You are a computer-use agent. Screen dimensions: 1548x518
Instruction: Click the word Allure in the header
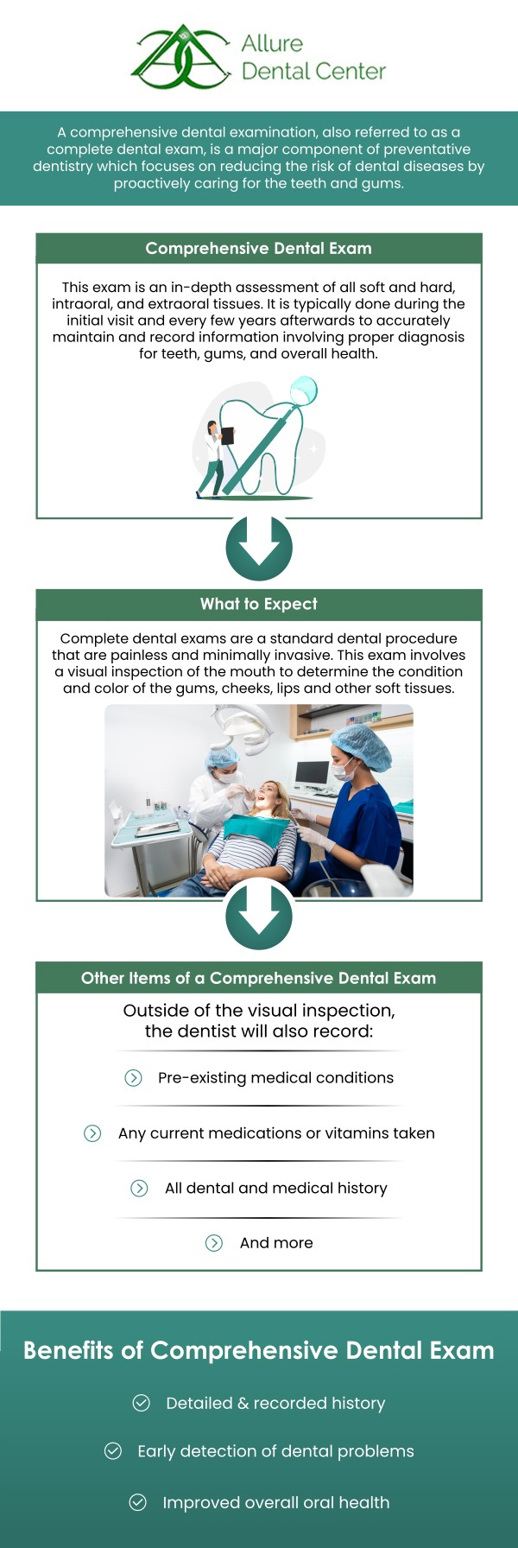(x=272, y=43)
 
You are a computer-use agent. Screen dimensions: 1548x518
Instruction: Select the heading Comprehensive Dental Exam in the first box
(x=258, y=249)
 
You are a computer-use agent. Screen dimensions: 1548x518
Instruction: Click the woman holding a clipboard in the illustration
(x=212, y=458)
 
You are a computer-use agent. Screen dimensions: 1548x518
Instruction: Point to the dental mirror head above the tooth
(x=304, y=390)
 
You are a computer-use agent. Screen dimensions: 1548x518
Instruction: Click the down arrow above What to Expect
(x=259, y=548)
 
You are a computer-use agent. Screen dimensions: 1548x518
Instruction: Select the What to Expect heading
(x=258, y=604)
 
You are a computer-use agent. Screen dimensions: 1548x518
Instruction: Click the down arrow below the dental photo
(x=259, y=917)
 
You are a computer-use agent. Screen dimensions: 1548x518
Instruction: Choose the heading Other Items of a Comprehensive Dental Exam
(x=258, y=978)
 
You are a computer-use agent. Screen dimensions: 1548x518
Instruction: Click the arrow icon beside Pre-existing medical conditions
(x=133, y=1077)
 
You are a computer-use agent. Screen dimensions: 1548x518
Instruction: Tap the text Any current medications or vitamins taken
(x=276, y=1132)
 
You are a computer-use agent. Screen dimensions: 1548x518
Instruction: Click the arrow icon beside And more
(x=214, y=1242)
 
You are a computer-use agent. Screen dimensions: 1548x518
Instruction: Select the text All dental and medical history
(x=276, y=1188)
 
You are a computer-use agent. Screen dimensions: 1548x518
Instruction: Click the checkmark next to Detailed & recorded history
(x=142, y=1403)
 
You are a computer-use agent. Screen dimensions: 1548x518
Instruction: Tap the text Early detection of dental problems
(x=275, y=1451)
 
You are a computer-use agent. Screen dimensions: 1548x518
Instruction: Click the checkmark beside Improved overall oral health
(x=138, y=1502)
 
